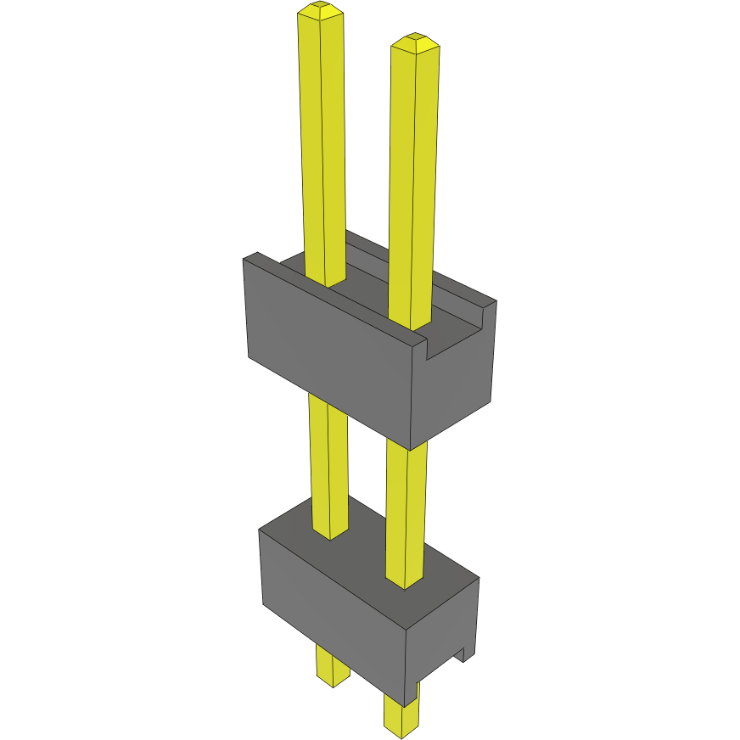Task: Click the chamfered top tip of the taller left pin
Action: click(x=321, y=11)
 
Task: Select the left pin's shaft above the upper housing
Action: click(x=322, y=144)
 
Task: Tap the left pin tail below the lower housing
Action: click(x=332, y=666)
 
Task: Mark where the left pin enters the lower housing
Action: click(x=331, y=533)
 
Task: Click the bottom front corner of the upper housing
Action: click(x=411, y=449)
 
